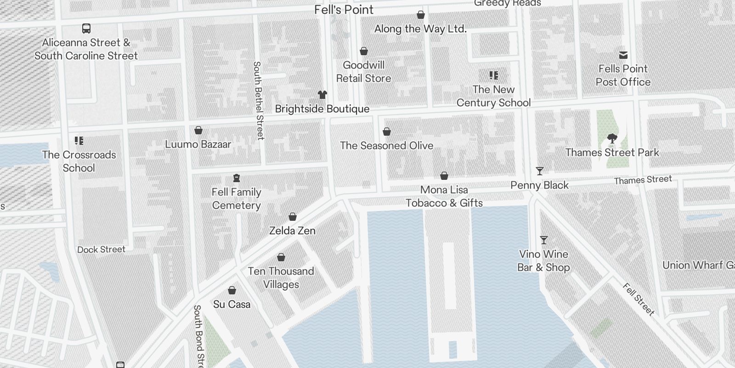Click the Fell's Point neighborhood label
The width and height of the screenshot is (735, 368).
344,10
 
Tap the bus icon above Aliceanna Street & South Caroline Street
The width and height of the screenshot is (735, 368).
86,29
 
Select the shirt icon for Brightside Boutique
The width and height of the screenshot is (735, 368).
322,95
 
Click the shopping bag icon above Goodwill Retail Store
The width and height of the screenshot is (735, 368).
364,51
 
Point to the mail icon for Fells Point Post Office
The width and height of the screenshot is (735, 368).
623,55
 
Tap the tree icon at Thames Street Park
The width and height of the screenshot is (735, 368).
612,138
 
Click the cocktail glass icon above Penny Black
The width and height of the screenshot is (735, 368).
540,171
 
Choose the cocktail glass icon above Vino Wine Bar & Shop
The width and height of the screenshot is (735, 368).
544,240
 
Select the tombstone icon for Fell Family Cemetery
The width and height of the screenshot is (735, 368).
237,178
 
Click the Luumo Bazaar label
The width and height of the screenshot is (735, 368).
198,144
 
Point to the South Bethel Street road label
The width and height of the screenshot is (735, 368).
259,100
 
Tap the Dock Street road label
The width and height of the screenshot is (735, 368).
101,250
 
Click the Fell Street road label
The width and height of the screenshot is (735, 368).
639,299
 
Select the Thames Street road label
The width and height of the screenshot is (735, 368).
643,180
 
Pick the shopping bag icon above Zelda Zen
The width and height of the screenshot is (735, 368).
293,217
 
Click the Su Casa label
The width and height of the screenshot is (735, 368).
232,305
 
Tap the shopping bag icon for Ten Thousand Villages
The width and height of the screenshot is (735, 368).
281,257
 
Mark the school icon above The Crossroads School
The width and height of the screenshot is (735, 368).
79,141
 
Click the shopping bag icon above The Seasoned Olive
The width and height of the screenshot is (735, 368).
387,132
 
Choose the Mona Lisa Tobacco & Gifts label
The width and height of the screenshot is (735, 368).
444,196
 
